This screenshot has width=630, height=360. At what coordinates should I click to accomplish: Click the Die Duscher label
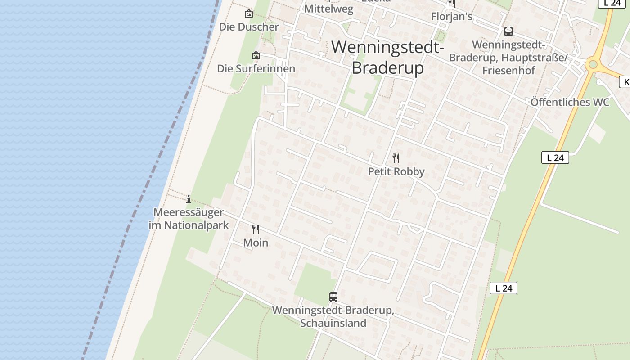tap(249, 27)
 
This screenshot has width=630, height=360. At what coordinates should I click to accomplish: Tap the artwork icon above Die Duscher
tap(248, 14)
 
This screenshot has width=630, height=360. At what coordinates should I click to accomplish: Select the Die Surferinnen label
tap(256, 69)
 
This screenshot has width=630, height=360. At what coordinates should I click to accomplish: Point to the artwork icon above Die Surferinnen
tap(256, 56)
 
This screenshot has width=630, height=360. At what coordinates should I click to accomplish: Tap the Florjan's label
tap(451, 17)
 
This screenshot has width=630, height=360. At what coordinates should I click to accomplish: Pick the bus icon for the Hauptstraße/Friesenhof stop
tap(508, 31)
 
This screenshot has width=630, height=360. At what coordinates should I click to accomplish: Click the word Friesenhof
tap(508, 71)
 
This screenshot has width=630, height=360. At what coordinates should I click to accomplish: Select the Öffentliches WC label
tap(570, 102)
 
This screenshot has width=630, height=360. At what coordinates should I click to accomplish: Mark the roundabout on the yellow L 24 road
tap(593, 65)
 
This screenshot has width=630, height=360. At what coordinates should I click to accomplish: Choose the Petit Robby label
tap(396, 171)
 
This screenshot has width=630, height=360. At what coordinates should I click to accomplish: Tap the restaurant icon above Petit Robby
tap(396, 158)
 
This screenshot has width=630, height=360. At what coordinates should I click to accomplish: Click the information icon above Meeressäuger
tap(189, 199)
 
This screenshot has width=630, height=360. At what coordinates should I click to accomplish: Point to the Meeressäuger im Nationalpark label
tap(189, 219)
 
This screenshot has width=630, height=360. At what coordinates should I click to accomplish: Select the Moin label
tap(256, 243)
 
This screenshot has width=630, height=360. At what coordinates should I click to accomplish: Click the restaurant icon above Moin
tap(256, 229)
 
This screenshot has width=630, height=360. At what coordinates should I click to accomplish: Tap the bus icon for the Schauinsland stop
tap(333, 297)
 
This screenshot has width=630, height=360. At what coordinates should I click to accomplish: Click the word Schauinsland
tap(333, 323)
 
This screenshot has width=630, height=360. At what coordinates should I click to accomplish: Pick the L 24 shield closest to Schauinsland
tap(503, 288)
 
